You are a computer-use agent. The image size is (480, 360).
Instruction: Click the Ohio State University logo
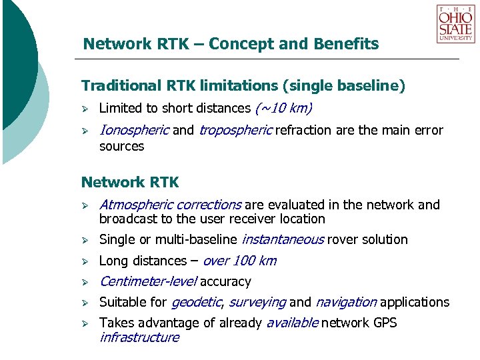coord(455,24)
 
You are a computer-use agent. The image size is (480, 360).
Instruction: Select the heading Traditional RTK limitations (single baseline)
coord(243,86)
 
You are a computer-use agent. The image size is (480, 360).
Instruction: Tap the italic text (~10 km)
coord(283,109)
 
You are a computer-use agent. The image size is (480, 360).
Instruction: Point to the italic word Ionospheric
coord(134,131)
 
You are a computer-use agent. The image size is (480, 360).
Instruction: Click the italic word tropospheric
coord(235,131)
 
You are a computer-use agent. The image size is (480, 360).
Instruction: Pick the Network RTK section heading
coord(130,182)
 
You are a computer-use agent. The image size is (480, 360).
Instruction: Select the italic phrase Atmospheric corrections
coord(170,205)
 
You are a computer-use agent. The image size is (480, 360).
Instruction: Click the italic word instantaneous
coord(283,239)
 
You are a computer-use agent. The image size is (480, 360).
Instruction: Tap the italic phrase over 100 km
coord(239,261)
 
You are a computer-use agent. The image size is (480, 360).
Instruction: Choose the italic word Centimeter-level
coord(147,282)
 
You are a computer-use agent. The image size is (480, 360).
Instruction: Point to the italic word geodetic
coord(196,303)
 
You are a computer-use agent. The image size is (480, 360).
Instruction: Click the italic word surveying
coord(257,303)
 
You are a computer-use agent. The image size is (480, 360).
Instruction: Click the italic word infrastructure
coord(139,337)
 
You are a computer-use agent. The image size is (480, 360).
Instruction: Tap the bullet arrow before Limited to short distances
coord(85,109)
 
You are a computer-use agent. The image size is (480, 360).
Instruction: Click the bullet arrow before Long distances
coord(85,261)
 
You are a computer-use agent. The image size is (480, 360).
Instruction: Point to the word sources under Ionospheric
coord(121,145)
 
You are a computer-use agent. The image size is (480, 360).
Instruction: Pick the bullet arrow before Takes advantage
coord(85,323)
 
